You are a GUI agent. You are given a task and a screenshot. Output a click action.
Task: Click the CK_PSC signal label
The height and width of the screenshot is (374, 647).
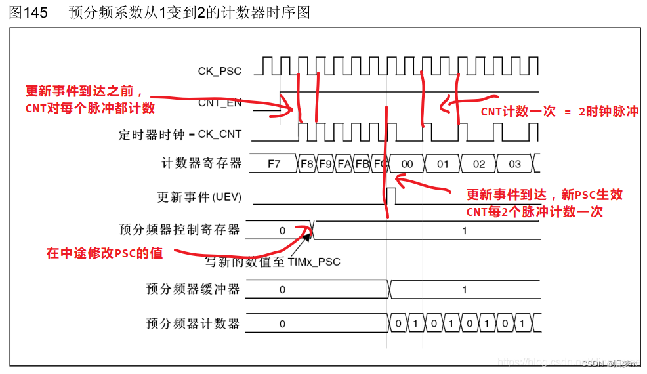[x=219, y=70]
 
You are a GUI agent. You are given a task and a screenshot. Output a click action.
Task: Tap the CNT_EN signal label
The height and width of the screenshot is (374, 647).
[x=219, y=102]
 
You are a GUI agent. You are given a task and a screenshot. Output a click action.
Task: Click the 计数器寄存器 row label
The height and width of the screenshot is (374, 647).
[x=201, y=163]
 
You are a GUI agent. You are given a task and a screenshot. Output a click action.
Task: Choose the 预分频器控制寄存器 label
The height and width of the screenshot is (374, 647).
[x=179, y=230]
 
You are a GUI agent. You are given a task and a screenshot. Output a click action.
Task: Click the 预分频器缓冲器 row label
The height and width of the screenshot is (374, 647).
[x=193, y=289]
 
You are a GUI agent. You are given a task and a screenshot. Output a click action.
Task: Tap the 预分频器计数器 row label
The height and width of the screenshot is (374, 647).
[x=193, y=323]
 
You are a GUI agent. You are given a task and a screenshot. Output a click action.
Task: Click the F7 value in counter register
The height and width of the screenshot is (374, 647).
[x=274, y=164]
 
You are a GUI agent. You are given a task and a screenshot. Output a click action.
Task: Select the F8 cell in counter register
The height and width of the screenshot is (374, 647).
[x=306, y=164]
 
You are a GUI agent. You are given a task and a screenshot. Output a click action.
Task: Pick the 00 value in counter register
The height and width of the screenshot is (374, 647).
[x=407, y=164]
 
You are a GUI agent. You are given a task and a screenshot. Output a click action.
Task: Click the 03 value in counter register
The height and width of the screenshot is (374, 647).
[x=515, y=164]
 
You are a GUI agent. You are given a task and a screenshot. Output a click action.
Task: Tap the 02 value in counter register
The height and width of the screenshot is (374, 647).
[x=479, y=164]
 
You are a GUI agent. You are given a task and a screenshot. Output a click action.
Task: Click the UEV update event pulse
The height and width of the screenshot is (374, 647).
[x=392, y=196]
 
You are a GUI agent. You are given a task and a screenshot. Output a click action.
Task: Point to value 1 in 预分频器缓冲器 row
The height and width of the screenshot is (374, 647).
[x=465, y=289]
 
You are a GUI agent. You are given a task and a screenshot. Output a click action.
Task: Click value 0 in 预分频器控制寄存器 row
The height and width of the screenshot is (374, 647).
[x=282, y=230]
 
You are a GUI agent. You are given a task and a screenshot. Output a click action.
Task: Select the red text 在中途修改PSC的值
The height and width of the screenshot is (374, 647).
[x=104, y=253]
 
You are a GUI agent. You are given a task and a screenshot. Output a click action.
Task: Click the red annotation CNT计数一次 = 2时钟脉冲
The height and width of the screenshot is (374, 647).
[x=559, y=112]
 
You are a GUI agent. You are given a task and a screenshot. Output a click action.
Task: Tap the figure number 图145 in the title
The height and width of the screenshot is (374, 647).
[x=28, y=13]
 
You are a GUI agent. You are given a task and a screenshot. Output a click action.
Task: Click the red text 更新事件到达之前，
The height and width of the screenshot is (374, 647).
[x=84, y=92]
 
